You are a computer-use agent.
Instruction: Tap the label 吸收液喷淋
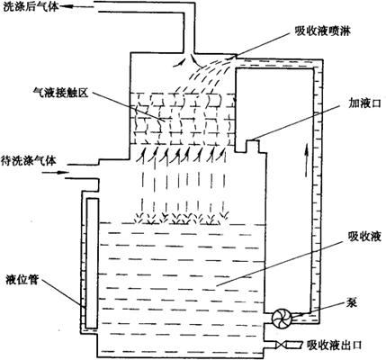pyautogui.click(x=323, y=31)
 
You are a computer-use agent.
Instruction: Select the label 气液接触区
pyautogui.click(x=60, y=94)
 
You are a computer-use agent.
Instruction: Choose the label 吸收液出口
pyautogui.click(x=334, y=346)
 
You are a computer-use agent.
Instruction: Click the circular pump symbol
pyautogui.click(x=282, y=319)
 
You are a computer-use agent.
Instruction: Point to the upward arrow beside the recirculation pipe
pyautogui.click(x=307, y=159)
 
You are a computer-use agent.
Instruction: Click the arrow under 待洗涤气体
pyautogui.click(x=55, y=173)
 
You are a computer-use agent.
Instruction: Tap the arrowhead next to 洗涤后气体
pyautogui.click(x=64, y=6)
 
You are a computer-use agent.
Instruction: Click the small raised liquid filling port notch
pyautogui.click(x=255, y=146)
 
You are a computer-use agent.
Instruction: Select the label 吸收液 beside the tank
pyautogui.click(x=364, y=237)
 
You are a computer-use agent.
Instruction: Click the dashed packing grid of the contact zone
pyautogui.click(x=183, y=120)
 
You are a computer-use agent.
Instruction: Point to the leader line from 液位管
pyautogui.click(x=63, y=292)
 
